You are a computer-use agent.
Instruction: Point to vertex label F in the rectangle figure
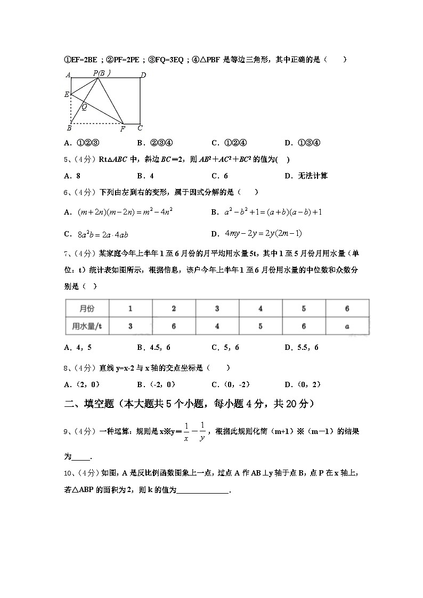(x=123, y=129)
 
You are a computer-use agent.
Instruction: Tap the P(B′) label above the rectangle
(x=101, y=73)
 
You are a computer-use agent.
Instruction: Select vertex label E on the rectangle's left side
(x=67, y=95)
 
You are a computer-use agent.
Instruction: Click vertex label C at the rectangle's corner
(x=140, y=128)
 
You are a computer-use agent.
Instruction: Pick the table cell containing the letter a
(x=347, y=326)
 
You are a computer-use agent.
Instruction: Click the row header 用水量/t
(x=87, y=326)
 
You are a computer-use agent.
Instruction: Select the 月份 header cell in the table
(x=87, y=309)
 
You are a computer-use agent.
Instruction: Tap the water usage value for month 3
(x=217, y=326)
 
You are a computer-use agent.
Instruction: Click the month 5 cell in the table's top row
(x=304, y=309)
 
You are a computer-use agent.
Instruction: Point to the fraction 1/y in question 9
(x=202, y=432)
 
